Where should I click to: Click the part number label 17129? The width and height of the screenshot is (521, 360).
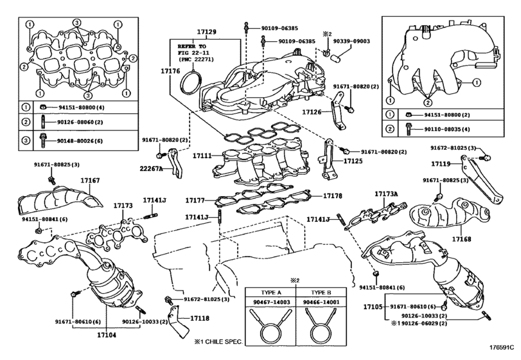[x=206, y=32]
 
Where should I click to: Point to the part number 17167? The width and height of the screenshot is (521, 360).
[x=89, y=182]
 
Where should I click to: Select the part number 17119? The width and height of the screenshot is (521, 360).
[x=441, y=164]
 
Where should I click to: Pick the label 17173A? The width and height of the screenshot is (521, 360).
[x=387, y=194]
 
